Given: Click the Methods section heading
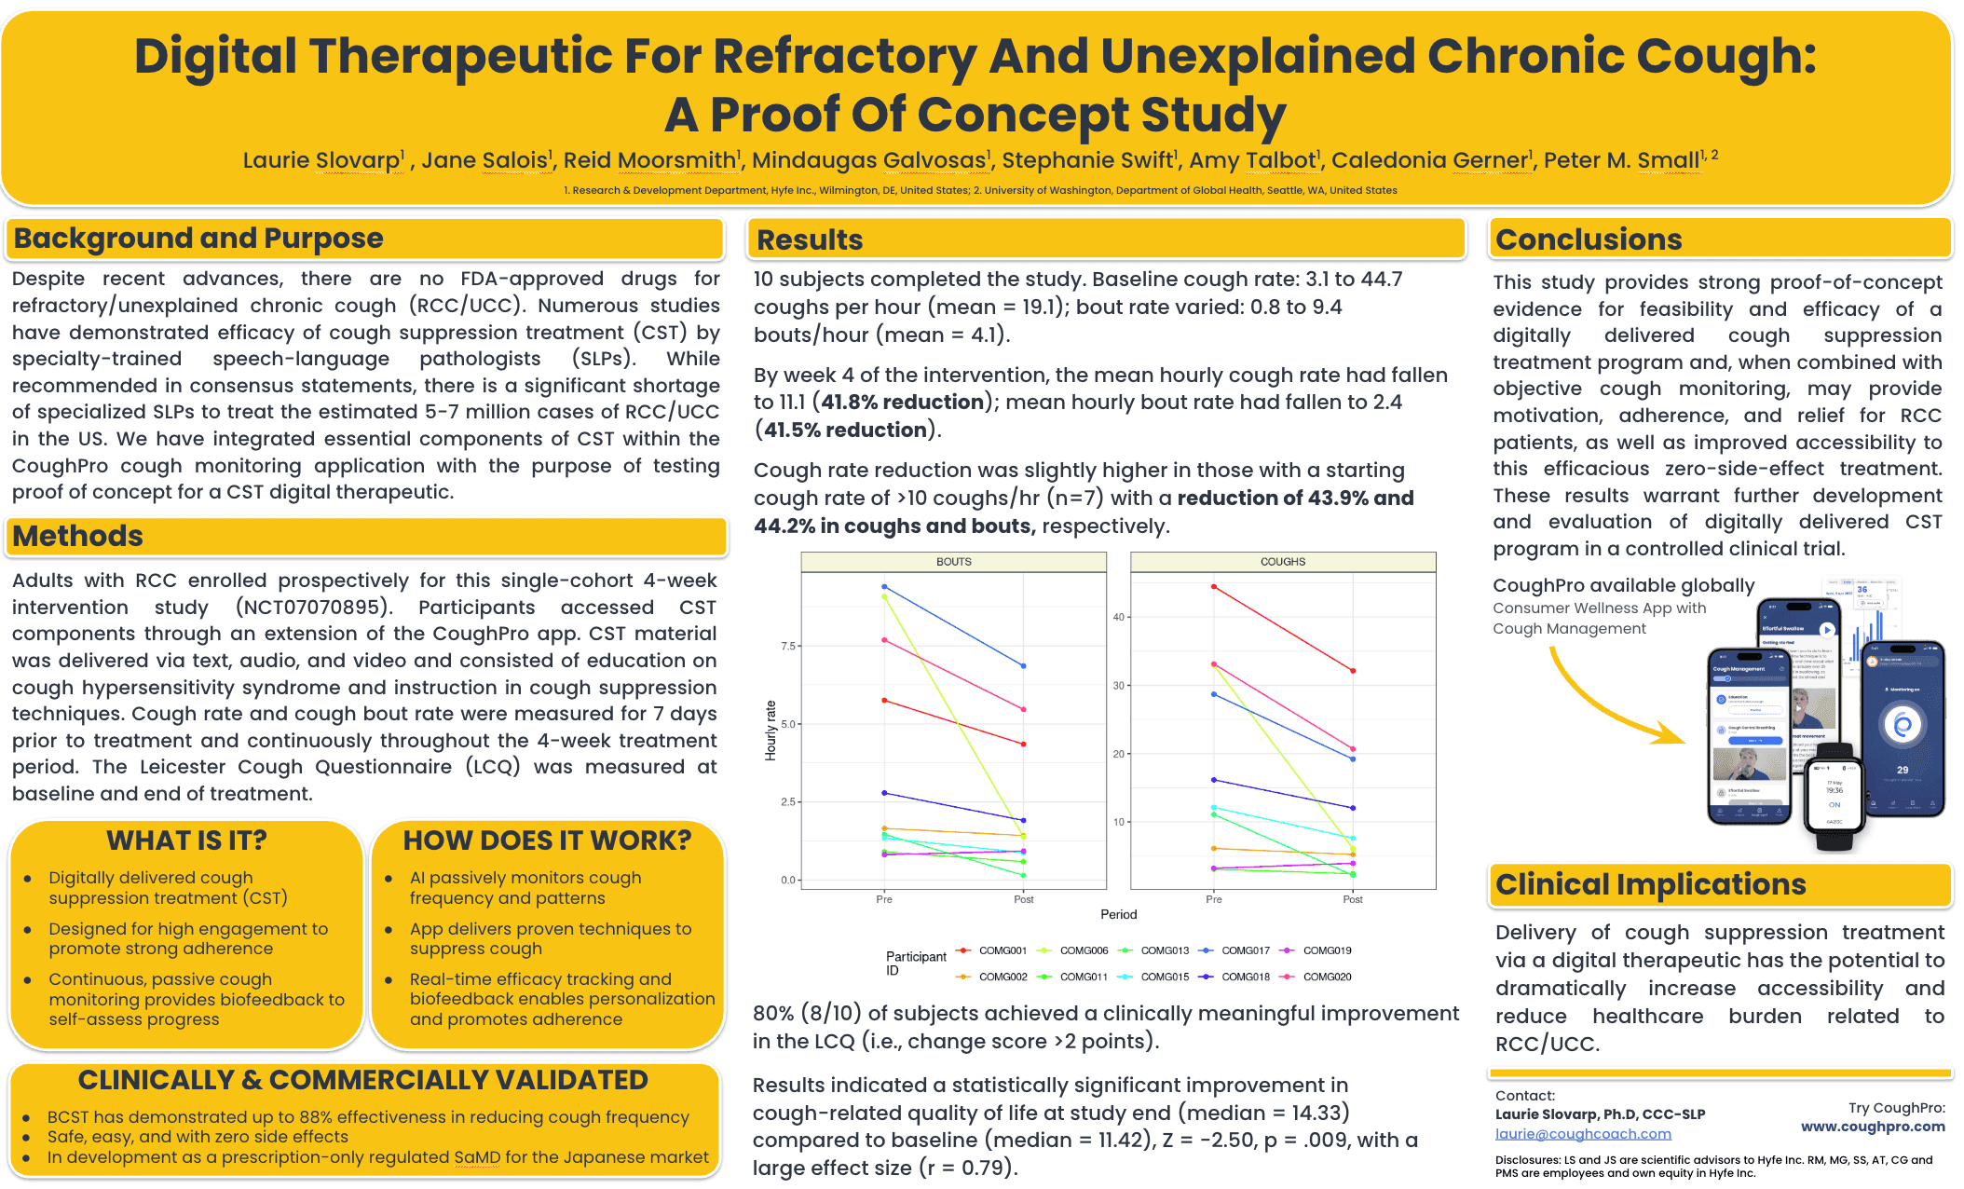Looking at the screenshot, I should (78, 537).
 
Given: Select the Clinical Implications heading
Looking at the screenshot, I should (1650, 884).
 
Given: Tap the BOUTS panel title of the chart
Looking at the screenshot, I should (953, 562).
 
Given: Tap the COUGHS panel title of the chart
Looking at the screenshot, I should (1282, 562).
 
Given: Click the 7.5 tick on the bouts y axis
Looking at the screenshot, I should (788, 646).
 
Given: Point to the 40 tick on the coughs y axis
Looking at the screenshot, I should (1118, 617).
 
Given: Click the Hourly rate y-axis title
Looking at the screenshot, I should (771, 731).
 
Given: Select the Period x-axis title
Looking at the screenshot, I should (1118, 914).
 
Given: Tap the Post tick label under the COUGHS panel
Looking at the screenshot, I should (1352, 899).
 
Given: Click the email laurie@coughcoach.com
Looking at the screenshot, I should (1582, 1134).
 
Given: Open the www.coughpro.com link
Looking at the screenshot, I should (1872, 1127).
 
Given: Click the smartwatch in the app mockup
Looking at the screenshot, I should (1834, 797).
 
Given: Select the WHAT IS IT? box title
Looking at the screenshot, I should (186, 840).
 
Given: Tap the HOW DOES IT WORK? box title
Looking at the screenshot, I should (547, 840).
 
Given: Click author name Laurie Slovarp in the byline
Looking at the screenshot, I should (321, 160).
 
